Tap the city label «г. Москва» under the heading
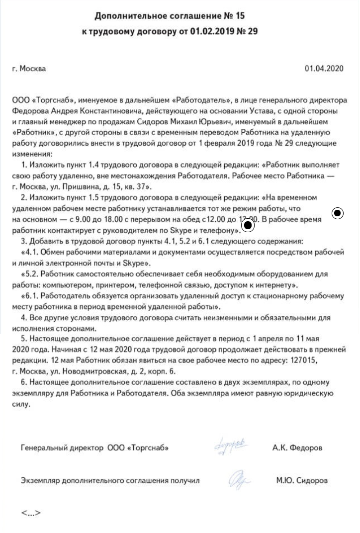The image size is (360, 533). coord(29,69)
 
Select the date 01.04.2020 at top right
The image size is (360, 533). coord(324,69)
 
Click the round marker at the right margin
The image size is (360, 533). coord(338,214)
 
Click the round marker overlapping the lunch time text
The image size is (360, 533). coord(248,226)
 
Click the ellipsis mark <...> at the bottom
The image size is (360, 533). coord(30,513)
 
